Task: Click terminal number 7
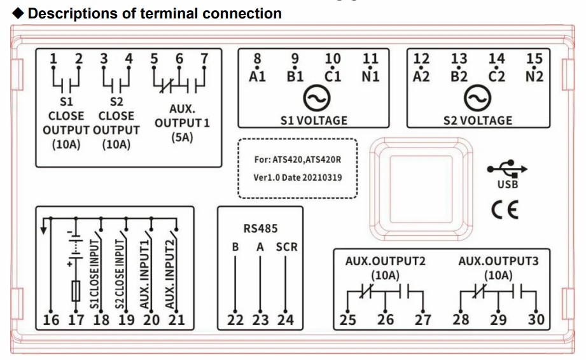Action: pyautogui.click(x=204, y=59)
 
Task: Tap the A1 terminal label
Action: pyautogui.click(x=257, y=76)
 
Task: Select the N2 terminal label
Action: pyautogui.click(x=534, y=76)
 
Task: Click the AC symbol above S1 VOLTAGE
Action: pyautogui.click(x=317, y=98)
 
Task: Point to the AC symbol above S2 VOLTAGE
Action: pyautogui.click(x=477, y=98)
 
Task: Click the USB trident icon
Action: pyautogui.click(x=507, y=169)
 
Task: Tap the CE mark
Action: pyautogui.click(x=505, y=209)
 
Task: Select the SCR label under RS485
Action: pyautogui.click(x=287, y=247)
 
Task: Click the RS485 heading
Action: pyautogui.click(x=260, y=228)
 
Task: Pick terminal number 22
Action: pyautogui.click(x=235, y=320)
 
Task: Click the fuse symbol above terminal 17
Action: pyautogui.click(x=76, y=291)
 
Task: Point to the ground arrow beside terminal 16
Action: pyautogui.click(x=44, y=226)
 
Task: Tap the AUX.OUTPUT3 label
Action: pyautogui.click(x=498, y=261)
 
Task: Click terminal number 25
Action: pyautogui.click(x=347, y=320)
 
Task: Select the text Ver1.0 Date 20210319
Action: pyautogui.click(x=298, y=177)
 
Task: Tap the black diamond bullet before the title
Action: pyautogui.click(x=18, y=13)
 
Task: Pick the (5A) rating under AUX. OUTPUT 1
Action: pyautogui.click(x=182, y=137)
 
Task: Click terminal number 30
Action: pyautogui.click(x=536, y=320)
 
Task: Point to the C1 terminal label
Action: pyautogui.click(x=333, y=76)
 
